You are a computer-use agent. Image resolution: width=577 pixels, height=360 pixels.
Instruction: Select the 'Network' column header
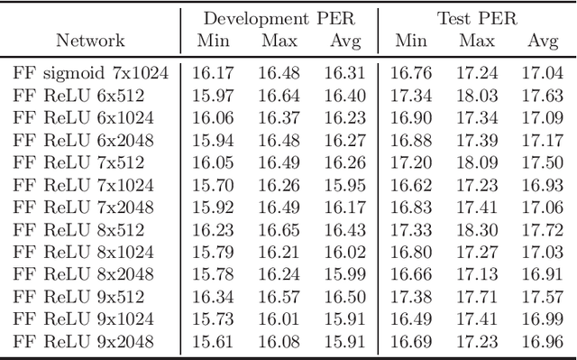[90, 41]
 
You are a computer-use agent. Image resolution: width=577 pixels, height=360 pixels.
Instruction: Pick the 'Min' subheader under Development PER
[210, 41]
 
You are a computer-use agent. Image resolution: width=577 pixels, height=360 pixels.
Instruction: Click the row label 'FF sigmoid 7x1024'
[90, 73]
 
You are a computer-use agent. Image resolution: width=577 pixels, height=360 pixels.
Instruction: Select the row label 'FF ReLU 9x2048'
[83, 342]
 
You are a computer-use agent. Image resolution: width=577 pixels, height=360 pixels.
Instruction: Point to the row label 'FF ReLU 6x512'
[78, 95]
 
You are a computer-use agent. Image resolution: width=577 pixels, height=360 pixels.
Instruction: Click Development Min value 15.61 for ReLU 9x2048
[210, 342]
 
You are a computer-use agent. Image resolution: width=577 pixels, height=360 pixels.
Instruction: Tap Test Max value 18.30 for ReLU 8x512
[477, 230]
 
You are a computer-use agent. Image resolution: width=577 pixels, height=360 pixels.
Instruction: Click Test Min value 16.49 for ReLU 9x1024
[411, 319]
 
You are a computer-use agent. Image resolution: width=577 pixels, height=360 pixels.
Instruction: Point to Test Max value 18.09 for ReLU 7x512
[477, 162]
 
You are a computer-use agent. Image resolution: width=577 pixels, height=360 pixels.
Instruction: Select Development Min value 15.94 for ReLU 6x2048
[210, 140]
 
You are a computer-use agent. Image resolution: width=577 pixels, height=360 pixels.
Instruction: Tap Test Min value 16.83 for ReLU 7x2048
[411, 208]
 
